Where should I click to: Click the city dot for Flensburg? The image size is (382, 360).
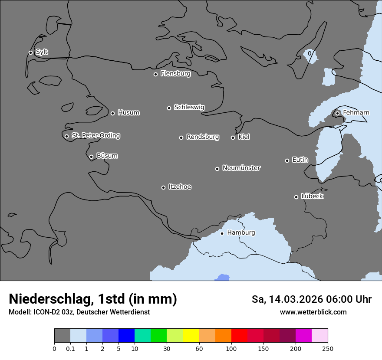155,74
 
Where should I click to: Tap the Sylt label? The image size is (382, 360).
42,52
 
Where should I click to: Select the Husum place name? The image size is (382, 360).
128,113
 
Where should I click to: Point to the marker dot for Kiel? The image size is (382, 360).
233,137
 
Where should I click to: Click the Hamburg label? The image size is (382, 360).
241,232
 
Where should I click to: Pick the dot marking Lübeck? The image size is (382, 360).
296,197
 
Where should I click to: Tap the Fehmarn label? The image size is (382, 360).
356,113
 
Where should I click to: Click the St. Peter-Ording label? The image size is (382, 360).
95,136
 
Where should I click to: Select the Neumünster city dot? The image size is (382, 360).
217,169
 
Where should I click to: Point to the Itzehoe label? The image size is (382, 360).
180,187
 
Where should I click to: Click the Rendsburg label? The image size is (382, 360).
203,137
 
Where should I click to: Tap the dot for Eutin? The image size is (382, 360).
287,160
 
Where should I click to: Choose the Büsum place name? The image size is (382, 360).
107,156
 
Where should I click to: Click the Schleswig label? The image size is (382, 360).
189,107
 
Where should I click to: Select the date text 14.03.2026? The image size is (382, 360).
293,299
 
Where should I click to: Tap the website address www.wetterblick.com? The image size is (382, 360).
313,312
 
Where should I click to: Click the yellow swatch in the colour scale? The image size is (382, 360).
191,336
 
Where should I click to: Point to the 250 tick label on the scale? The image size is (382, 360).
328,348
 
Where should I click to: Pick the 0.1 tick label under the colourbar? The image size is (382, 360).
70,348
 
